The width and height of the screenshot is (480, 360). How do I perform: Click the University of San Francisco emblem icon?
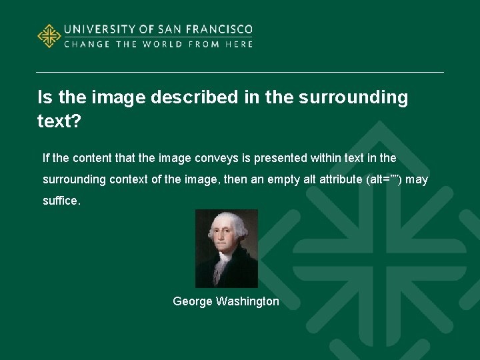(49, 36)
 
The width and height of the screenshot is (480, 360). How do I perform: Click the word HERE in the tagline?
(239, 44)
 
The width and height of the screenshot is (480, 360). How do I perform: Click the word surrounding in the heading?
(353, 97)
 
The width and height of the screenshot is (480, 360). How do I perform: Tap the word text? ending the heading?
(59, 123)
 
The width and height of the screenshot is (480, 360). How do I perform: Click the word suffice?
(61, 201)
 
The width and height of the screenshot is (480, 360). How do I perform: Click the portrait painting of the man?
(226, 248)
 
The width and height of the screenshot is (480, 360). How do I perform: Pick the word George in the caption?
(191, 301)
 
